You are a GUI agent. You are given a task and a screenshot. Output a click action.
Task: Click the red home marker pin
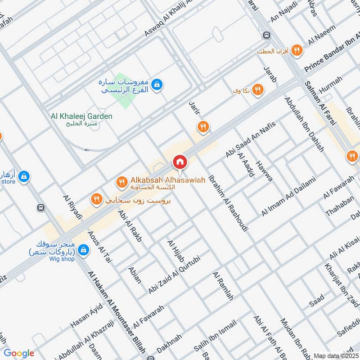[180, 161]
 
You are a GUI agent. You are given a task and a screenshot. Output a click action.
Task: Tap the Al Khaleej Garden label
[81, 116]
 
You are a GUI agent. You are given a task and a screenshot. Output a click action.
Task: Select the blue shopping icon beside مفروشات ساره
[157, 84]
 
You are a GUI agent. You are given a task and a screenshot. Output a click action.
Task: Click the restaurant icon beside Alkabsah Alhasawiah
[121, 182]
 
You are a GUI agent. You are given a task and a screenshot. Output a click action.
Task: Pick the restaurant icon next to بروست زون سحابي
[96, 198]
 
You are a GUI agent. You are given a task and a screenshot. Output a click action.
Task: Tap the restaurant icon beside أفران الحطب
[296, 50]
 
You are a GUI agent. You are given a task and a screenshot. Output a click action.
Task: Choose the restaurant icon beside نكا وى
[257, 90]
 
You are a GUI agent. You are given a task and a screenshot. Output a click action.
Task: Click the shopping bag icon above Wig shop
[83, 249]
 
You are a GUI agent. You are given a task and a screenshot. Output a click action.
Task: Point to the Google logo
[19, 353]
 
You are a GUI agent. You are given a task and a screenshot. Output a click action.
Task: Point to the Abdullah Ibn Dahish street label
[304, 124]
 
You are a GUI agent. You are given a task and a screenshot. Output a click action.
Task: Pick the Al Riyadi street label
[73, 207]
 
